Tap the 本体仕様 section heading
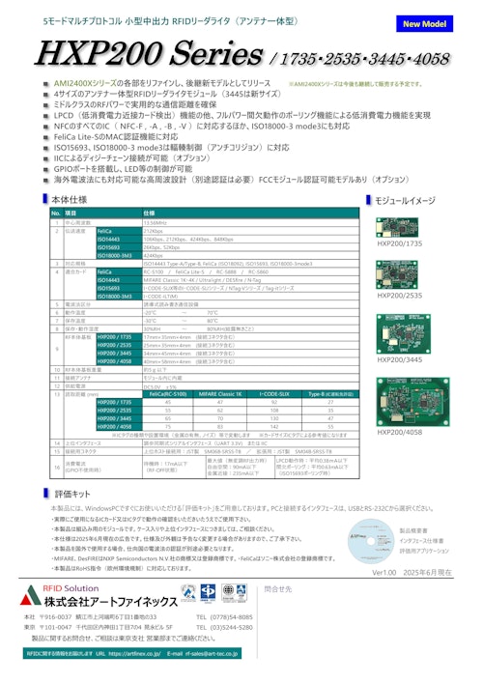(73, 199)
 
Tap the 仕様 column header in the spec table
(149, 212)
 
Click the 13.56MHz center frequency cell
(155, 221)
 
